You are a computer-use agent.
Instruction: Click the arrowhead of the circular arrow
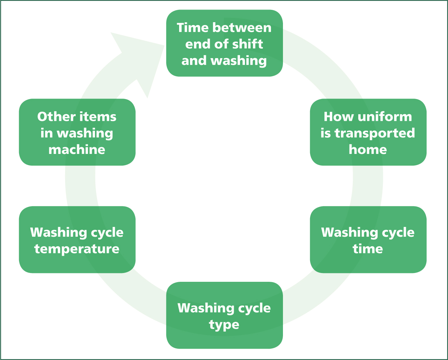tap(141, 61)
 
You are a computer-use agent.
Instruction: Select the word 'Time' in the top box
tap(193, 28)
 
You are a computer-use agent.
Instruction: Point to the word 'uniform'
tap(385, 117)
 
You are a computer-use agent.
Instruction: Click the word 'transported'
tap(375, 134)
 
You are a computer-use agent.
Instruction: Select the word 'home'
tap(368, 149)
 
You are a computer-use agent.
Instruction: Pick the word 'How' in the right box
tap(339, 117)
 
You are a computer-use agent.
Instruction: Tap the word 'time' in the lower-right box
tap(368, 249)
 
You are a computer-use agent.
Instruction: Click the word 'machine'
tap(77, 149)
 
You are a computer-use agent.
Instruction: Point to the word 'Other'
tap(56, 117)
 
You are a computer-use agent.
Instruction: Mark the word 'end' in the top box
tap(197, 44)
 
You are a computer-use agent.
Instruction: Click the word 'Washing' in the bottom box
tap(206, 309)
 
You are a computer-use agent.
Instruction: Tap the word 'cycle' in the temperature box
tap(107, 233)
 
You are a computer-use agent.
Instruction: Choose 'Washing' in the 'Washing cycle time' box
tap(349, 233)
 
